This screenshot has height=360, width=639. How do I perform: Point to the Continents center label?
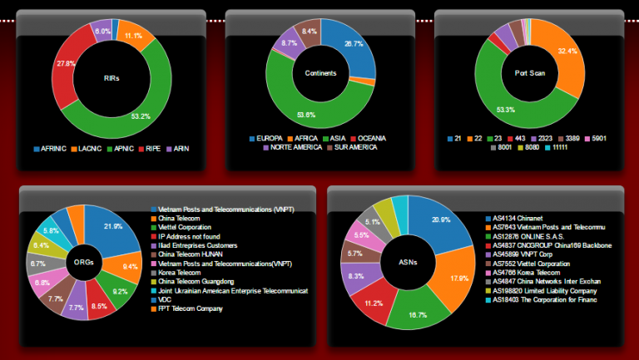coord(320,73)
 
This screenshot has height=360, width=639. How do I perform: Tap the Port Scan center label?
coord(529,73)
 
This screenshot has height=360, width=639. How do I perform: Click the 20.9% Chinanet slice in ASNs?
coord(434,222)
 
